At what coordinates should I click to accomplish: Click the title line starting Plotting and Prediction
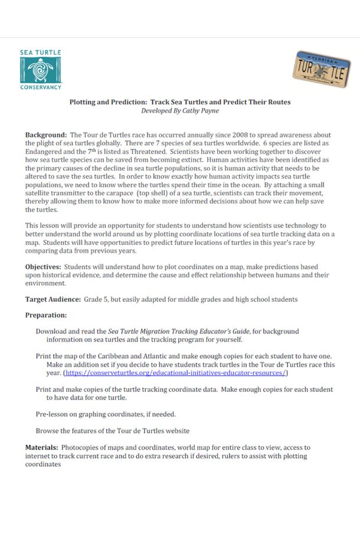180,102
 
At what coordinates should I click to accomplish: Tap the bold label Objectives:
43,267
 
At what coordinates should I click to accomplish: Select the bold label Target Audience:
52,299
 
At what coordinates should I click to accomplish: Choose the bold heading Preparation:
45,315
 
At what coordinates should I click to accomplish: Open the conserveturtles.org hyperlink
175,373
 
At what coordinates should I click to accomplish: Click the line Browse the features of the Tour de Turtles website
112,430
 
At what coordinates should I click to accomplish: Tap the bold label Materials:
41,447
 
